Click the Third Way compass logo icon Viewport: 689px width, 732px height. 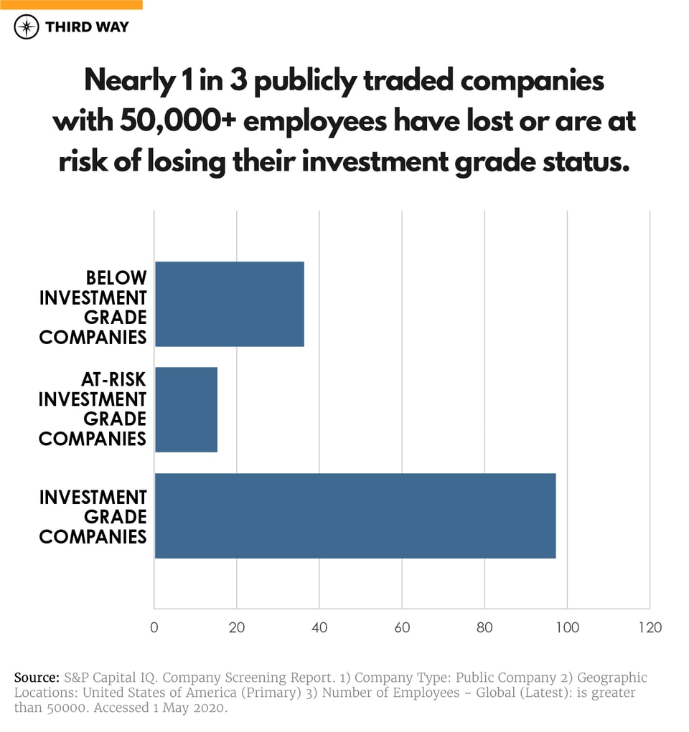pyautogui.click(x=27, y=27)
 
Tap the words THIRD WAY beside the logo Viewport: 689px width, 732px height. pyautogui.click(x=87, y=27)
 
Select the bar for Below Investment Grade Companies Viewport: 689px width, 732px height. pyautogui.click(x=229, y=304)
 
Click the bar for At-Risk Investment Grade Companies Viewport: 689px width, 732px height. pyautogui.click(x=186, y=409)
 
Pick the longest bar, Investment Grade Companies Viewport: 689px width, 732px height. pyautogui.click(x=355, y=515)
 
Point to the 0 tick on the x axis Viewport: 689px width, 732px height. pyautogui.click(x=154, y=627)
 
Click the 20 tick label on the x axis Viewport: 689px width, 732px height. pyautogui.click(x=237, y=627)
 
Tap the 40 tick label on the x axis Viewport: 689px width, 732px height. pyautogui.click(x=319, y=627)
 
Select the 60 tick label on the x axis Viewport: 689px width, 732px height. pyautogui.click(x=402, y=627)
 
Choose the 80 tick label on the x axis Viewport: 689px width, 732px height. pyautogui.click(x=484, y=627)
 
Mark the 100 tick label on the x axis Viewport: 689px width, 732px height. pyautogui.click(x=567, y=627)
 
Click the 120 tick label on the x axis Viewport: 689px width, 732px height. pyautogui.click(x=650, y=627)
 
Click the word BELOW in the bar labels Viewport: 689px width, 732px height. pyautogui.click(x=116, y=277)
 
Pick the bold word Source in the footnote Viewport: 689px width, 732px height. pyautogui.click(x=37, y=678)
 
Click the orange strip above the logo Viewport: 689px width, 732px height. pyautogui.click(x=71, y=4)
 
